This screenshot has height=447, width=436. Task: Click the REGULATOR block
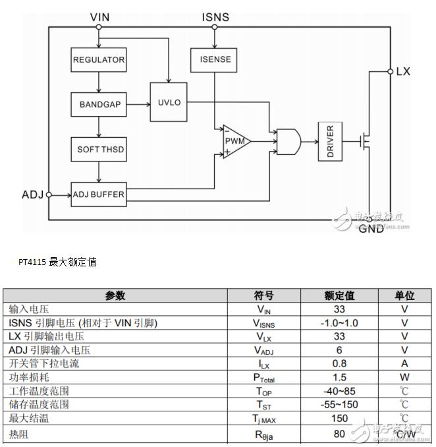point(99,59)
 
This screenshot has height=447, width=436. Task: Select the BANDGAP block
point(99,104)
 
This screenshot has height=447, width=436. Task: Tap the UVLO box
point(169,102)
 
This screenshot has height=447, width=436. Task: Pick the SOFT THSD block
point(99,150)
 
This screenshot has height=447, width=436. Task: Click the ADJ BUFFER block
point(99,194)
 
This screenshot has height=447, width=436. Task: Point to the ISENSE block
point(213,60)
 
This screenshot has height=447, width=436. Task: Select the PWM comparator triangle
point(236,141)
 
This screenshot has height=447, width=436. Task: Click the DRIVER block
point(330,141)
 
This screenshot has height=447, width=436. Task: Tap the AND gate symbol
point(288,142)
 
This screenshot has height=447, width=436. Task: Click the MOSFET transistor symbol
point(365,141)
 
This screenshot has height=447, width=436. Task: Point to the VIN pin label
point(99,17)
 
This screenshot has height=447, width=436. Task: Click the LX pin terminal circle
point(391,71)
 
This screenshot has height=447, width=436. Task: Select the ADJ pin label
point(32,194)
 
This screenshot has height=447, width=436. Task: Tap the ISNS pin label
point(215,17)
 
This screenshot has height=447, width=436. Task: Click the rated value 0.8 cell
point(339,363)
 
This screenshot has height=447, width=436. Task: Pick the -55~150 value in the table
point(339,405)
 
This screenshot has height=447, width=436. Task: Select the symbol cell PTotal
point(264,377)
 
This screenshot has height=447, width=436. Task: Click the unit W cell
point(404,377)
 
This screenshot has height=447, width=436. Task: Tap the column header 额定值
point(339,295)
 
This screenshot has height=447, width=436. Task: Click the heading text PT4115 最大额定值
point(57,262)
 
